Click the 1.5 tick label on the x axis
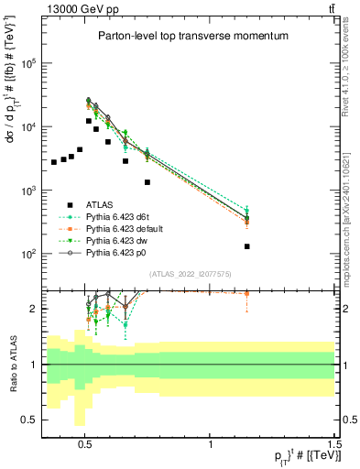pyautogui.click(x=334, y=450)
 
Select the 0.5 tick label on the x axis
pyautogui.click(x=85, y=450)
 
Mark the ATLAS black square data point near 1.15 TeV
pyautogui.click(x=247, y=246)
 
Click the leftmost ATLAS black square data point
pyautogui.click(x=54, y=162)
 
